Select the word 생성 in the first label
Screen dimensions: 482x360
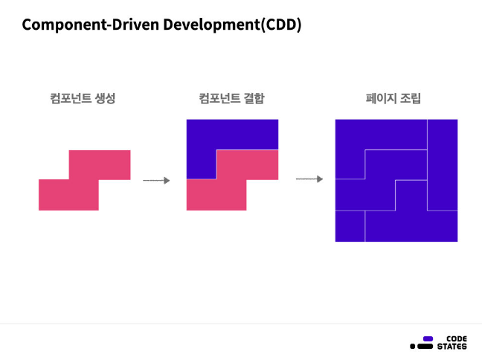(x=105, y=98)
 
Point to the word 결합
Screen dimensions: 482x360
(x=254, y=98)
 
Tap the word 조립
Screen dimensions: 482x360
(x=410, y=98)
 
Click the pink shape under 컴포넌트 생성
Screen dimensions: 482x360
(x=84, y=181)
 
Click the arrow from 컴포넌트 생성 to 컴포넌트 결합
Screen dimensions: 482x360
(x=156, y=180)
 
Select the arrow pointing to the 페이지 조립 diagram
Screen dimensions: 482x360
(x=309, y=179)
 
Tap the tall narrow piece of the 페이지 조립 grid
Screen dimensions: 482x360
(x=442, y=164)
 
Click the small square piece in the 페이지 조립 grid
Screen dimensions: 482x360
(x=350, y=226)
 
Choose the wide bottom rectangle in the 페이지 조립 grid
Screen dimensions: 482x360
(x=411, y=226)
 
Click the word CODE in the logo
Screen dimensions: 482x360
(x=452, y=338)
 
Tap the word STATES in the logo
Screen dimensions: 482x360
(x=452, y=347)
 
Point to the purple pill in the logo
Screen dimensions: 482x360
(x=428, y=338)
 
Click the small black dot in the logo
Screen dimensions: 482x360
(x=413, y=347)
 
